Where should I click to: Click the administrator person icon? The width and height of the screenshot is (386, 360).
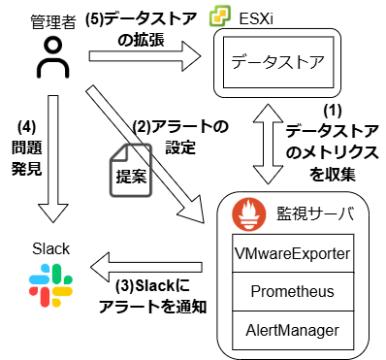[52, 58]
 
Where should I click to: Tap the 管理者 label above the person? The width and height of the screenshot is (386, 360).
[53, 22]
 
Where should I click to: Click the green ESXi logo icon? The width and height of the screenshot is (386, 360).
[220, 16]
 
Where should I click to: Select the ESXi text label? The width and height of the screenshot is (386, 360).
[256, 19]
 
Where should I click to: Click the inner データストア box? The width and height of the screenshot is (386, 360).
[278, 62]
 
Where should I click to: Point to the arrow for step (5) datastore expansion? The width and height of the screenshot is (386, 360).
[145, 56]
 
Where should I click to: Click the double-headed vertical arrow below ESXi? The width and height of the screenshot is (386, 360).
[270, 144]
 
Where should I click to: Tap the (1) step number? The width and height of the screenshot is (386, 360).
[333, 111]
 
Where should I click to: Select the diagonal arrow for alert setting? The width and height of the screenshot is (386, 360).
[145, 154]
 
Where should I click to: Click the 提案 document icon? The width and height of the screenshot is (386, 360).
[131, 170]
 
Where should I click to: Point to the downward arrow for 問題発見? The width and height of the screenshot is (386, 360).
[53, 158]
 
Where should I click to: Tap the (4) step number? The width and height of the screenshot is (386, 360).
[27, 127]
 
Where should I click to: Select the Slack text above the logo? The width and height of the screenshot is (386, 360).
[50, 248]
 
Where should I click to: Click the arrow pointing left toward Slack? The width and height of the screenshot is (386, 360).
[146, 267]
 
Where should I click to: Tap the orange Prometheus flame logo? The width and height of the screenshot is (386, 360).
[249, 214]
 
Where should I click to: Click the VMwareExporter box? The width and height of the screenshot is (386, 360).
[293, 253]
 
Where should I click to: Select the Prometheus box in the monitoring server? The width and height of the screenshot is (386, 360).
[293, 291]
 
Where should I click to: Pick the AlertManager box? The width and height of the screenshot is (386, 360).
[293, 330]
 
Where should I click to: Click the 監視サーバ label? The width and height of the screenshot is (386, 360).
[315, 213]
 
